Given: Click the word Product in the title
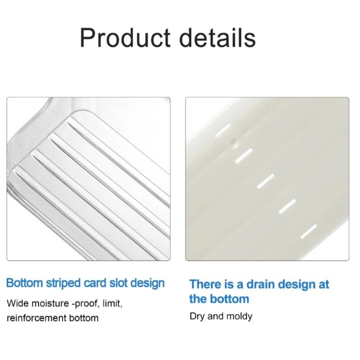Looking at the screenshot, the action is click(x=125, y=37).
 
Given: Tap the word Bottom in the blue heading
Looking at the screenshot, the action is click(x=24, y=283).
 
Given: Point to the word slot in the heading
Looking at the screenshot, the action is click(x=118, y=283).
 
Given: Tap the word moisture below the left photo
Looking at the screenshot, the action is click(x=50, y=303).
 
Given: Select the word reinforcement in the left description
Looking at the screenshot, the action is click(x=37, y=318).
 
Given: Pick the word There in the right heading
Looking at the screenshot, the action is click(x=205, y=284).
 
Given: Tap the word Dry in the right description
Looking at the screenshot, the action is click(x=197, y=316).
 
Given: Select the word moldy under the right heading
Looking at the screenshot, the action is click(x=239, y=316).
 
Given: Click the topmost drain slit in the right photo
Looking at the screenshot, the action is click(x=222, y=131).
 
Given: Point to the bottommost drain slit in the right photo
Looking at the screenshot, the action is click(x=309, y=231).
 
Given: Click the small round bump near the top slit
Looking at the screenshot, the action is click(x=234, y=142).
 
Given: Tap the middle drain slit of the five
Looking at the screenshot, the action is click(x=266, y=181).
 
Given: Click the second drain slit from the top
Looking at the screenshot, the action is click(x=244, y=156).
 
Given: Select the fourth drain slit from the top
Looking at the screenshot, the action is click(x=287, y=206).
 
